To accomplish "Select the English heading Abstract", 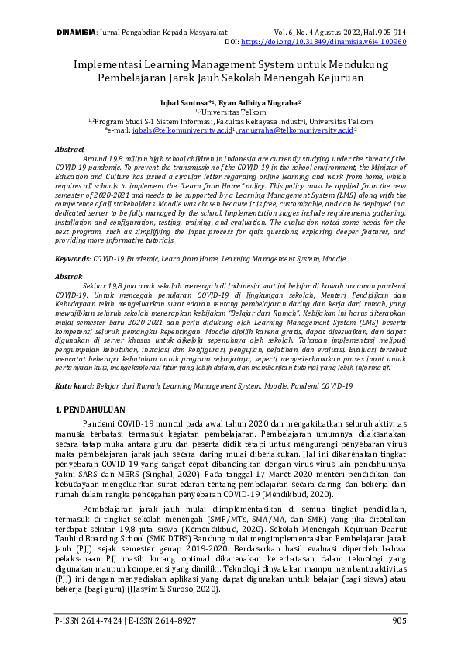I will click(70, 147).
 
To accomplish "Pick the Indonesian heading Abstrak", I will click(69, 276).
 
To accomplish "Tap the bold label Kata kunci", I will click(74, 363).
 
